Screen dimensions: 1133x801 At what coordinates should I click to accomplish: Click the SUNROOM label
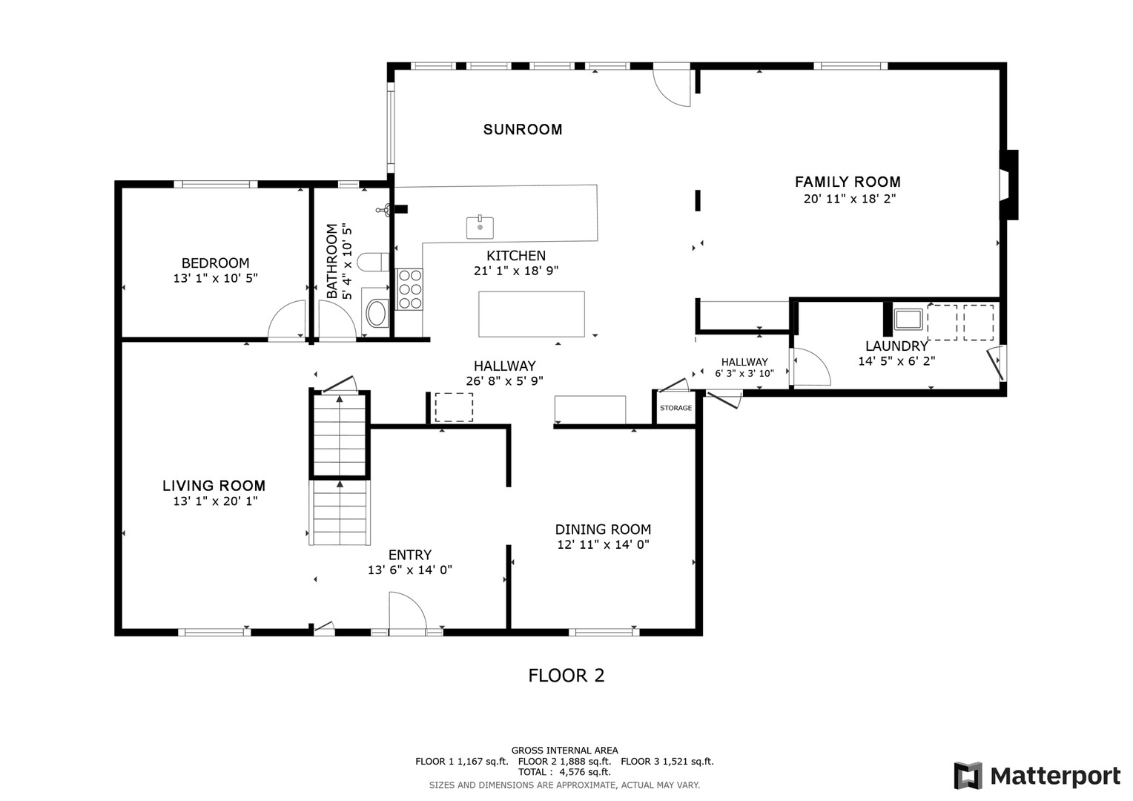[523, 130]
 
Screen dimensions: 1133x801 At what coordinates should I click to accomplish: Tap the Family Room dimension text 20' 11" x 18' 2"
[850, 199]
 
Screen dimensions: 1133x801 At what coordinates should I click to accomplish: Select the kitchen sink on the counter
[480, 227]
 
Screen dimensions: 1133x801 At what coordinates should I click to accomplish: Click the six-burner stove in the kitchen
[410, 289]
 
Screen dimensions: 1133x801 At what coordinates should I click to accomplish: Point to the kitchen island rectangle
[532, 314]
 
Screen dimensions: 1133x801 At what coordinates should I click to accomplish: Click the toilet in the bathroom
[373, 262]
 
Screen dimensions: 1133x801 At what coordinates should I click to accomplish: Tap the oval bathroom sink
[377, 313]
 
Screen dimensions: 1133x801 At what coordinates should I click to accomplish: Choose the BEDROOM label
[216, 263]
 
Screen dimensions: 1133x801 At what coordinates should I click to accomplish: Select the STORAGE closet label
[675, 408]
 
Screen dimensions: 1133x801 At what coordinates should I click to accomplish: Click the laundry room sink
[908, 319]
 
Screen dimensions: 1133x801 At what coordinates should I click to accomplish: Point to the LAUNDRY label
[896, 346]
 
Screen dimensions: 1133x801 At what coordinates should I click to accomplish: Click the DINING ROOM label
[603, 530]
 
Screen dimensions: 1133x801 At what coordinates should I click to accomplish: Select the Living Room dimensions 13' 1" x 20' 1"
[216, 501]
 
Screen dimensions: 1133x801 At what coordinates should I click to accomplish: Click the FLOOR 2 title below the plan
[566, 676]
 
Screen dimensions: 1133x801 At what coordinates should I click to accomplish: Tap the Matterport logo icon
[968, 776]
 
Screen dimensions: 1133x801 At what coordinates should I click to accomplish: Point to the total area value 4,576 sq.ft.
[585, 772]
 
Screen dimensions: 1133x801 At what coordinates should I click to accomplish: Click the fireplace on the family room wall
[1008, 185]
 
